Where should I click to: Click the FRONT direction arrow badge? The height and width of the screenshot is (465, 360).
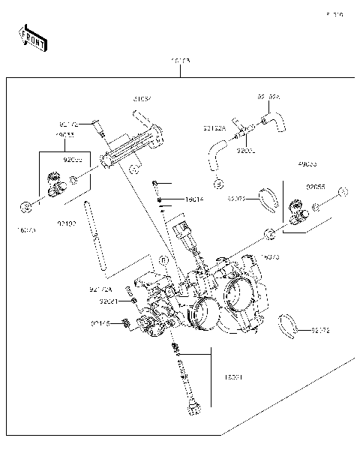point(32,37)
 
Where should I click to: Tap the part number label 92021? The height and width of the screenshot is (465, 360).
point(109,301)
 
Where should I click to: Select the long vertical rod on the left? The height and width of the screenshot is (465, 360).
point(94,238)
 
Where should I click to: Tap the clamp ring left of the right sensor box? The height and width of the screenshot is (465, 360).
point(262,199)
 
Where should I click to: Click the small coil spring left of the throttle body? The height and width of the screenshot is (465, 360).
point(126,324)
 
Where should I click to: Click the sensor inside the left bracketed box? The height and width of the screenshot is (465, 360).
point(54,184)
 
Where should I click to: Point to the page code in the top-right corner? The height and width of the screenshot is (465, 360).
point(334,14)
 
